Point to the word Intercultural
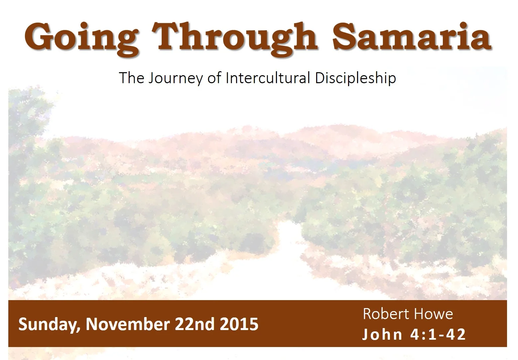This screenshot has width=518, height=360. coord(268,78)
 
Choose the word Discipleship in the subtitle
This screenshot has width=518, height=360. coord(355,78)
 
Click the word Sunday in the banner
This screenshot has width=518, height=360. coord(49,324)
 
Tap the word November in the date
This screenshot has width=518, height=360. coord(128,324)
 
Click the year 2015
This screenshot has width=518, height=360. coord(239,324)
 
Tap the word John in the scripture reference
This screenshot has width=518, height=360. coord(382,334)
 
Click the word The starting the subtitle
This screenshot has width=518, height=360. coord(132,78)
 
